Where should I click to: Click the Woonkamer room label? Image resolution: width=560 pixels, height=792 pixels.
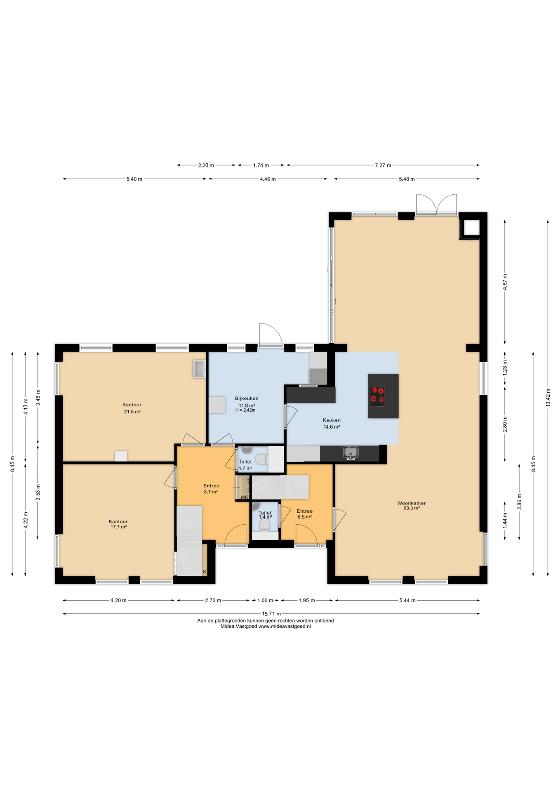[411, 503]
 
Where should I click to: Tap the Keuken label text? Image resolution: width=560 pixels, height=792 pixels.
[332, 420]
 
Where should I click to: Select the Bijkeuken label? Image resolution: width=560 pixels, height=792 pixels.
[247, 398]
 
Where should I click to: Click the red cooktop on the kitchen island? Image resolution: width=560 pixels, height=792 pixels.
[377, 395]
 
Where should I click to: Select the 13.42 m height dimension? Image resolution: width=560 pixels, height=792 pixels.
[548, 398]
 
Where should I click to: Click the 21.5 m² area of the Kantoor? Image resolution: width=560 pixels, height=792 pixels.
[132, 412]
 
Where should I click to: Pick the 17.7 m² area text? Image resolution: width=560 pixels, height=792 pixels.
[118, 527]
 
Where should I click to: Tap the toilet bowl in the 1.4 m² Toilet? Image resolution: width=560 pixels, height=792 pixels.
[265, 525]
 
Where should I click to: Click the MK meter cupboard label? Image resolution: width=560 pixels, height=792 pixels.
[245, 497]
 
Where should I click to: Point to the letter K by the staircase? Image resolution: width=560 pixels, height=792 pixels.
[205, 572]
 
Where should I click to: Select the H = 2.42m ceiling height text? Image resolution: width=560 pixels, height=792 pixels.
[245, 410]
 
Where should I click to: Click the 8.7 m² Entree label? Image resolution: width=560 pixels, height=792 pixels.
[211, 492]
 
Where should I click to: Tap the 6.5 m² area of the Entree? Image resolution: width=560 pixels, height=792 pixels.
[304, 516]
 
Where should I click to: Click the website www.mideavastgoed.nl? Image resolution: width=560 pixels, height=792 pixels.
[285, 626]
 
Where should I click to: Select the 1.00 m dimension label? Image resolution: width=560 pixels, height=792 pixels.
[265, 601]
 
